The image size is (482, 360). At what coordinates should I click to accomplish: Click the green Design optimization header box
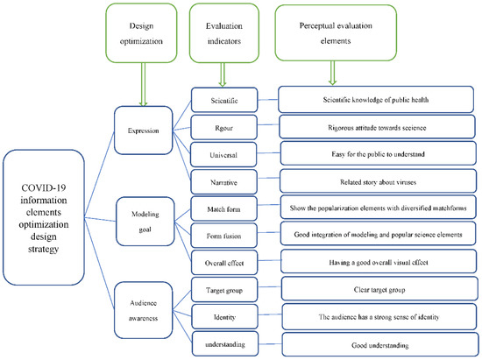point(138,33)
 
